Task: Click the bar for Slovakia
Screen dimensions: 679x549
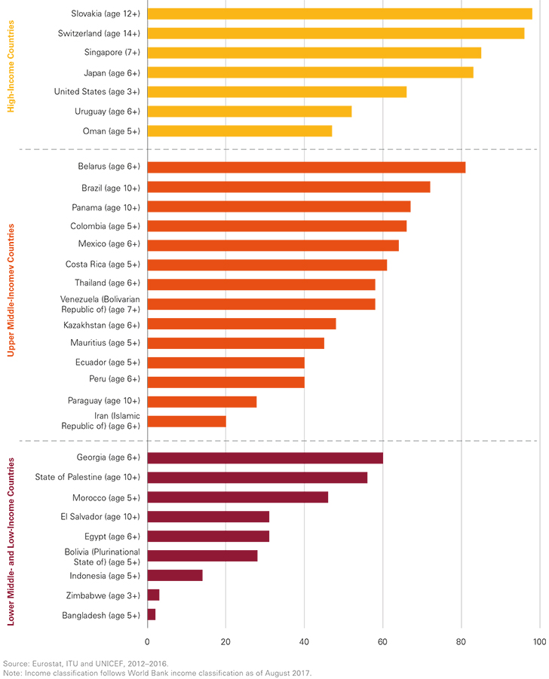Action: (x=339, y=14)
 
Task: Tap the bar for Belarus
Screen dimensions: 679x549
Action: (x=306, y=167)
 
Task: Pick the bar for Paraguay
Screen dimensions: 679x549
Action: (x=202, y=402)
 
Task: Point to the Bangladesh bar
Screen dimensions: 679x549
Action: (x=152, y=615)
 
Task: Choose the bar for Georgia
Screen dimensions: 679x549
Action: (x=265, y=458)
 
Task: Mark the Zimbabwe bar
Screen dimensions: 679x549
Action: (x=153, y=595)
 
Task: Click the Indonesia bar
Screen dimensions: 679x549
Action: (x=175, y=576)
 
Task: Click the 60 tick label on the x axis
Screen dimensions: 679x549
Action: (x=382, y=642)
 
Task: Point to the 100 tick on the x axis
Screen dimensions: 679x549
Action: (x=538, y=642)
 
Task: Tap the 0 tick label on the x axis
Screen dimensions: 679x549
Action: (x=148, y=642)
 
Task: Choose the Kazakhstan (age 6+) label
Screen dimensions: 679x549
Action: (x=102, y=324)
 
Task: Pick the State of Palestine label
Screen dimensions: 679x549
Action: (x=87, y=477)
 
